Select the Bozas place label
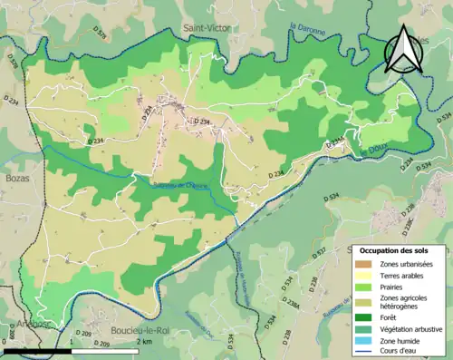tap(17, 179)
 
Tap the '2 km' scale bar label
tap(144, 344)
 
